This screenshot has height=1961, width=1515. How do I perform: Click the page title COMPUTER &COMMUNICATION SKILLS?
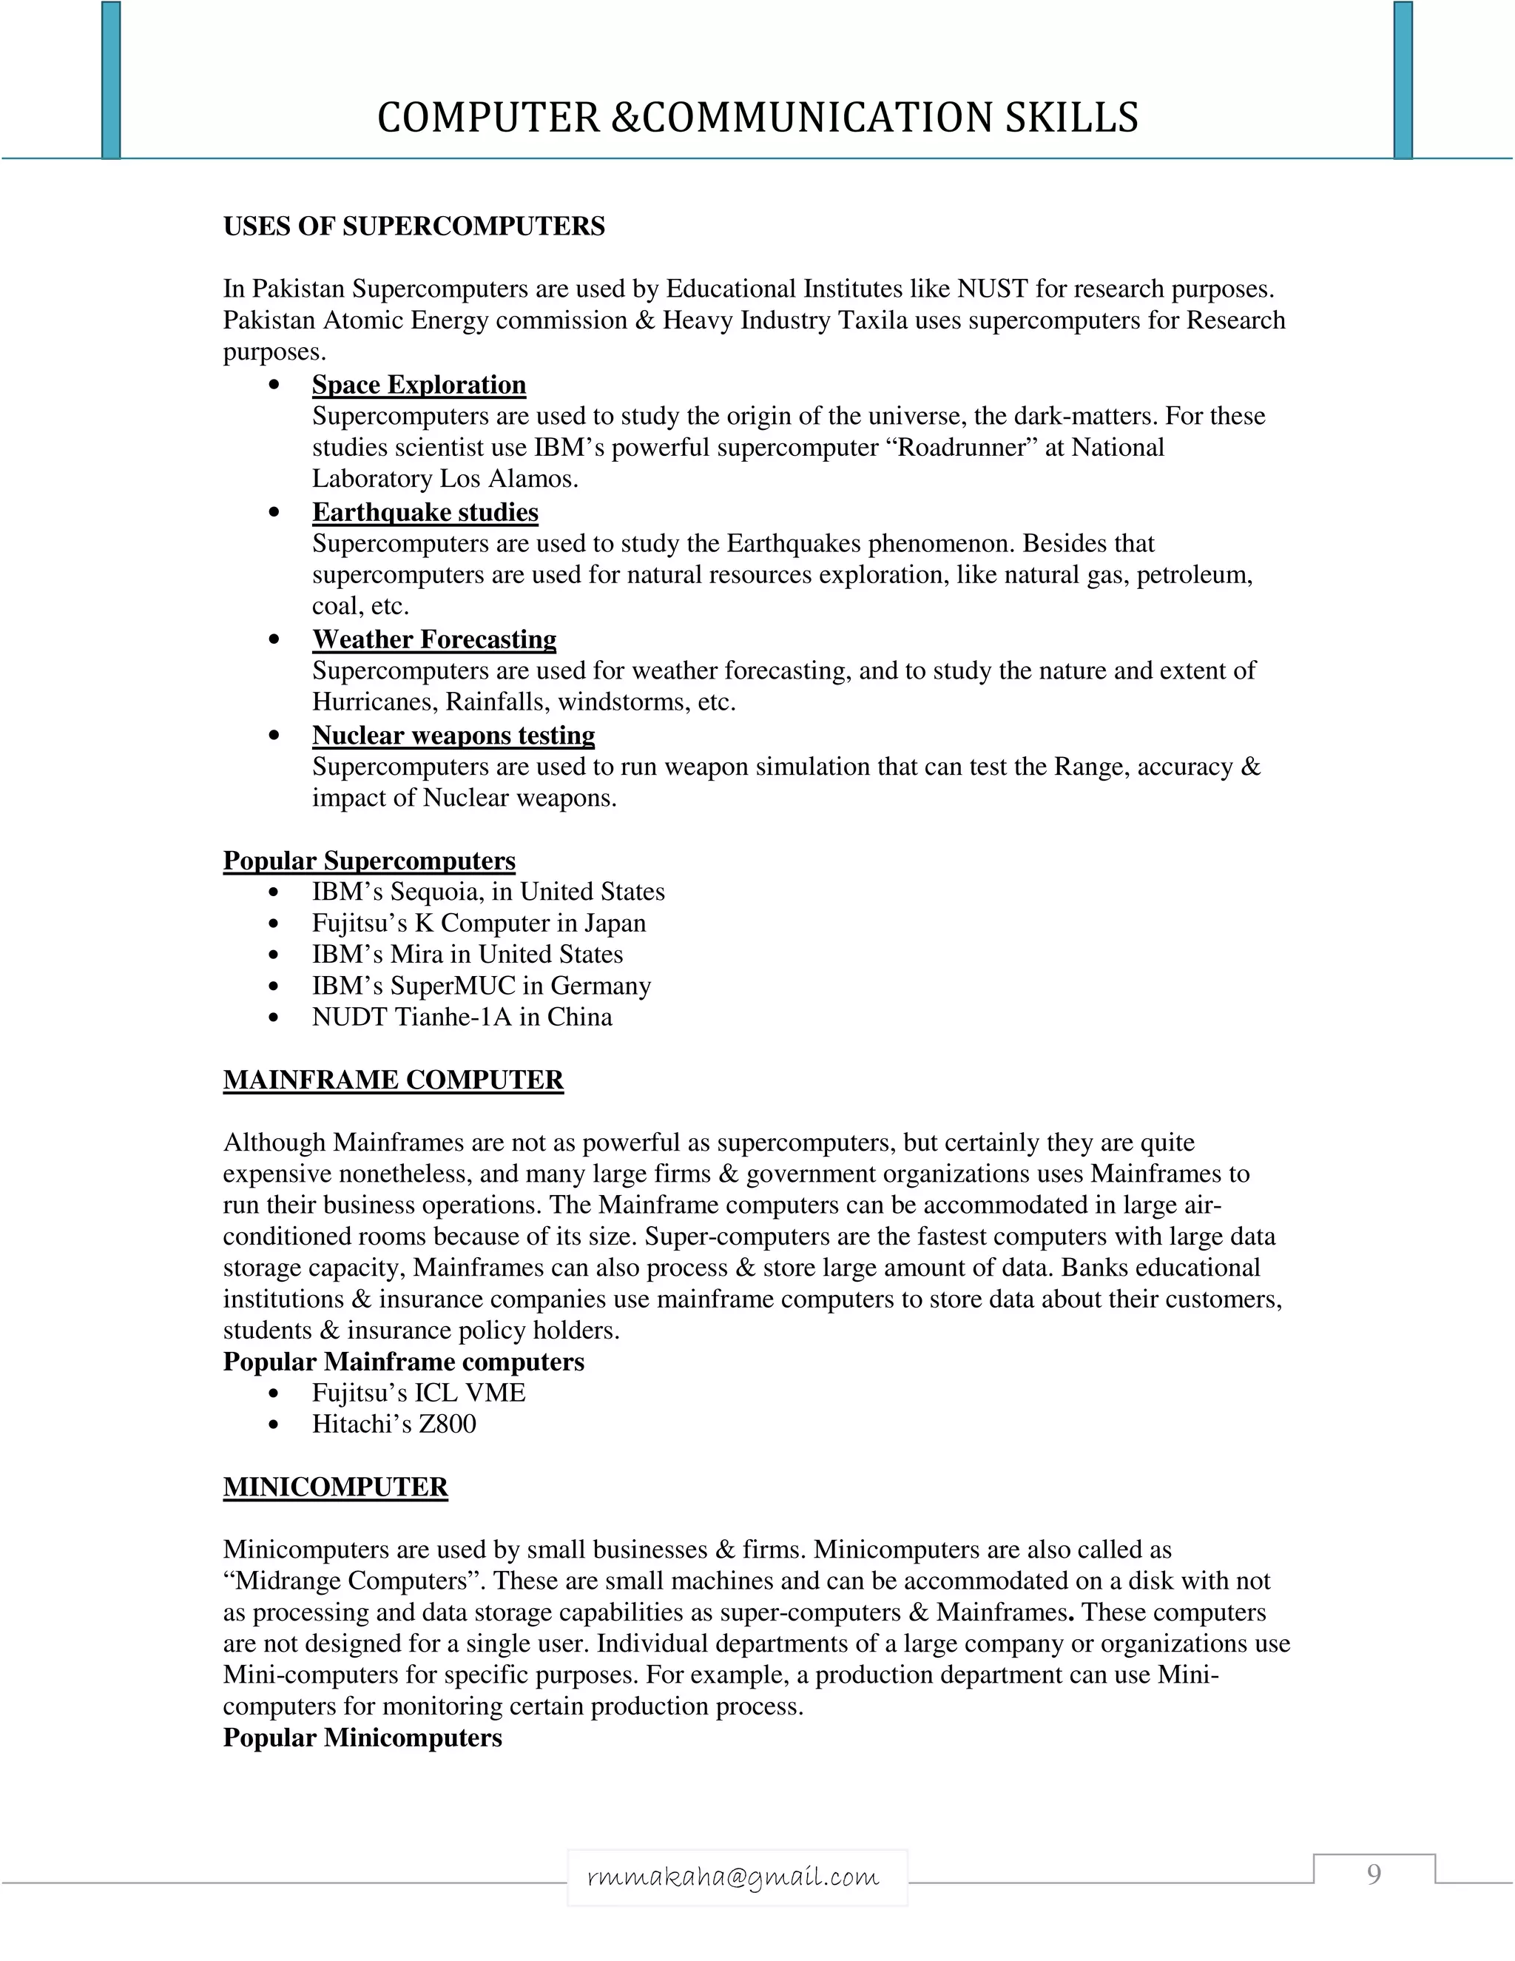point(757,118)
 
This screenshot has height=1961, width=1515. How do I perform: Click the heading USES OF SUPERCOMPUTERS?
point(414,226)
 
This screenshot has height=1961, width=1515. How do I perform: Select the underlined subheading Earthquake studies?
point(425,512)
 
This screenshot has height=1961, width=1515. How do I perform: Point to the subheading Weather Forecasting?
point(433,639)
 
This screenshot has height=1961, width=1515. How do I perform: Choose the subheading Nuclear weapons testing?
point(453,736)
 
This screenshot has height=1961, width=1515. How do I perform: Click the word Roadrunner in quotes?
point(968,447)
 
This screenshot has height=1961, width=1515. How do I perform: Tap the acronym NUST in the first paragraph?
point(992,289)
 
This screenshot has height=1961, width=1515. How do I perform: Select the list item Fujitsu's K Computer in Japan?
point(479,923)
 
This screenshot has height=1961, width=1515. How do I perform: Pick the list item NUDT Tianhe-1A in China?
point(462,1017)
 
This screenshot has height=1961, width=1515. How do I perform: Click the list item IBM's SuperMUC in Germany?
point(481,986)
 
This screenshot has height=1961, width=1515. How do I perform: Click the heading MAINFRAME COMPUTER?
point(393,1080)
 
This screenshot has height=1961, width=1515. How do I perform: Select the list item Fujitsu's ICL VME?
point(418,1393)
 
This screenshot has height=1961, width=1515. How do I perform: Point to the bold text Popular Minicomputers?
point(362,1738)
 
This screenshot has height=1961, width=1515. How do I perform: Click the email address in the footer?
point(733,1877)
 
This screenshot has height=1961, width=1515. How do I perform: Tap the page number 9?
point(1373,1873)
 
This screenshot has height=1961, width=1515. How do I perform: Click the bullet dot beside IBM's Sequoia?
point(274,892)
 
